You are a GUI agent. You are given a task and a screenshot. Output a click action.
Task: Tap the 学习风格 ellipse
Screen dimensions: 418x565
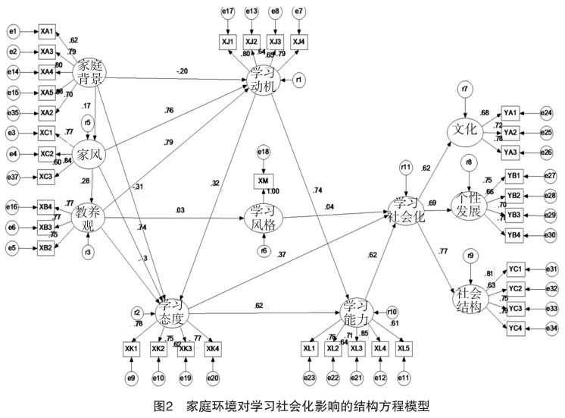point(262,218)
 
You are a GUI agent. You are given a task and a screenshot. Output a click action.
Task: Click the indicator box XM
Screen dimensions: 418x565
point(262,182)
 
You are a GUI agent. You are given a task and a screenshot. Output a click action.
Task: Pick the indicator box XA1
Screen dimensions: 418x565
point(47,31)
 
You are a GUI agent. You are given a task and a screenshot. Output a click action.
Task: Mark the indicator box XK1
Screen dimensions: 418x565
point(132,347)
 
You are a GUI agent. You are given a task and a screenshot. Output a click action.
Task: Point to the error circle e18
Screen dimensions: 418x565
point(263,152)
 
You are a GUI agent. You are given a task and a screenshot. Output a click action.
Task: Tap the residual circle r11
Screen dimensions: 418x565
point(407,168)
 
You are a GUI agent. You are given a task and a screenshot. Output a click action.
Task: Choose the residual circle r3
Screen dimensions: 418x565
point(88,251)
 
